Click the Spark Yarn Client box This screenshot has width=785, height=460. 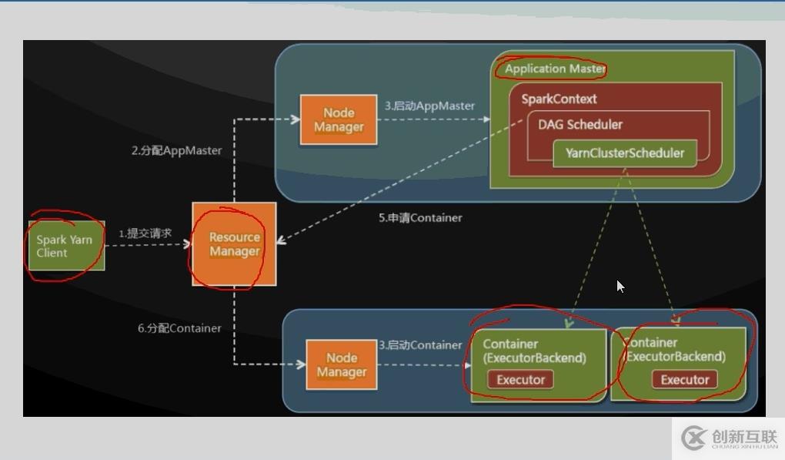[x=65, y=246]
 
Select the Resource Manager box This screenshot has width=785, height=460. [x=234, y=244]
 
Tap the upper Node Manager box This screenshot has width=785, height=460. [x=339, y=119]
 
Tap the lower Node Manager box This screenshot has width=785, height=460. [x=342, y=365]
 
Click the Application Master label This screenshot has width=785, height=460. [x=555, y=69]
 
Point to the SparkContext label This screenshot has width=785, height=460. [x=559, y=99]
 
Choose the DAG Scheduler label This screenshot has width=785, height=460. [x=580, y=124]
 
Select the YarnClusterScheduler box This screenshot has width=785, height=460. [x=624, y=153]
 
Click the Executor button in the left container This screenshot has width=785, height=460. [x=520, y=379]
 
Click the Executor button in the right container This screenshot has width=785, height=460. [x=684, y=379]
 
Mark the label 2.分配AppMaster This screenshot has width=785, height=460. [x=176, y=150]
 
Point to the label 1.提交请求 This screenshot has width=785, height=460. [x=145, y=233]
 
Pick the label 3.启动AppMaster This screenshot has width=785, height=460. [x=429, y=106]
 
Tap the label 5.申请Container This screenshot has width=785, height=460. [x=420, y=218]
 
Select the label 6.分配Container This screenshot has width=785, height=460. [x=179, y=328]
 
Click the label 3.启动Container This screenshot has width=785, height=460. [x=420, y=345]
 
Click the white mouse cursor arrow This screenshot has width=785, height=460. [x=620, y=286]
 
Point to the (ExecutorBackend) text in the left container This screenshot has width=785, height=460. [x=534, y=358]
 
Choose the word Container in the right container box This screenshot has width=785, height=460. [x=651, y=342]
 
